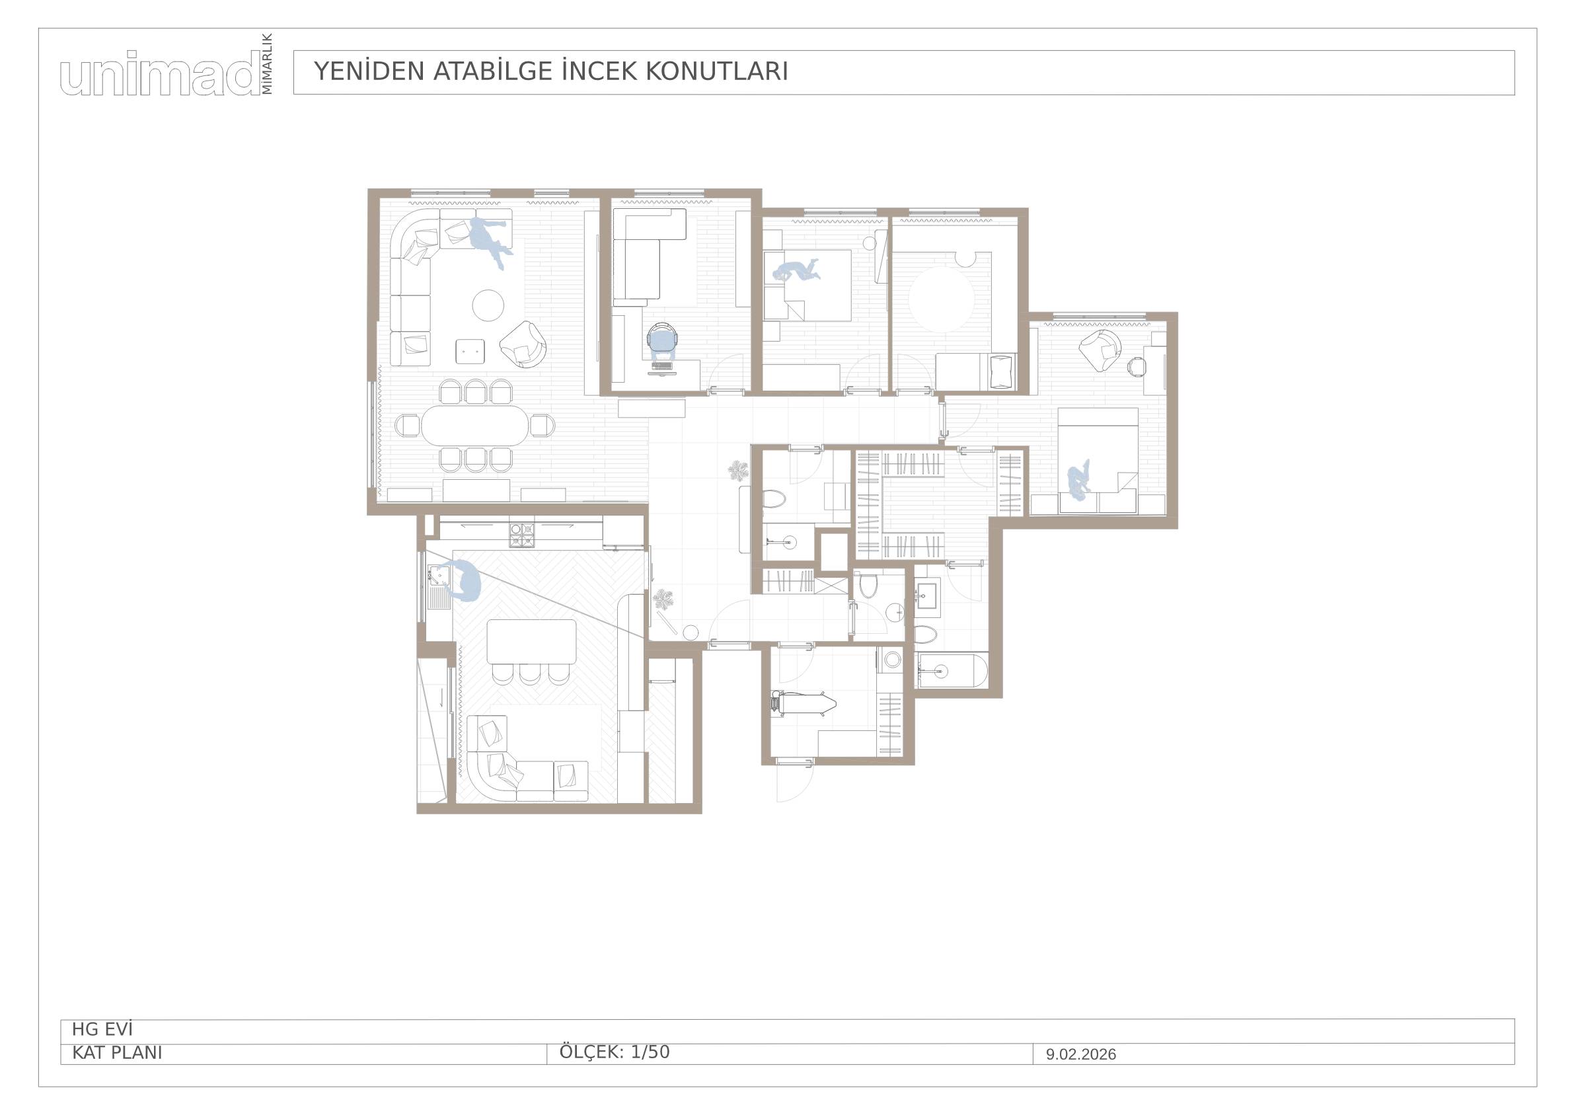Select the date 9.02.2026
coord(1080,1055)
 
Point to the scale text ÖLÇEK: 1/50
coord(615,1052)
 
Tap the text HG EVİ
coord(102,1030)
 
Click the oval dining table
coord(475,426)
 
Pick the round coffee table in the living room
coord(488,304)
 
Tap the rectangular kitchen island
coord(531,641)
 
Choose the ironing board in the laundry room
coord(803,704)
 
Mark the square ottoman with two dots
coord(471,351)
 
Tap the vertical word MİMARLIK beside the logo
coord(267,63)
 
